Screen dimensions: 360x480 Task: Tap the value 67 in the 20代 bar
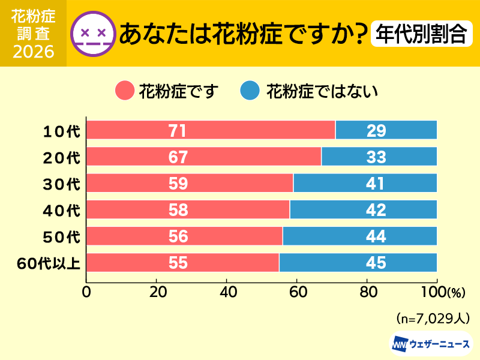[x=178, y=157]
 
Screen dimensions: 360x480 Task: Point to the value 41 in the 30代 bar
[x=376, y=183]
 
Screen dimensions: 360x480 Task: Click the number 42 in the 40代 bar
[x=376, y=209]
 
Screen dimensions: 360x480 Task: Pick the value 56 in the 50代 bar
[x=178, y=236]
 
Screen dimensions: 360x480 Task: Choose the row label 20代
[x=62, y=157]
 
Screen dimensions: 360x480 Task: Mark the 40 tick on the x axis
[x=227, y=293]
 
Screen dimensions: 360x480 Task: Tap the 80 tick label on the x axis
[x=367, y=293]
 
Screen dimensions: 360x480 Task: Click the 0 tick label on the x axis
[x=86, y=293]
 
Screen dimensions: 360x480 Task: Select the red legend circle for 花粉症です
[x=124, y=91]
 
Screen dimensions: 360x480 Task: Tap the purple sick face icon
[x=92, y=33]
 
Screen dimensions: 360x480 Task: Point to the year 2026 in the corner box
[x=33, y=52]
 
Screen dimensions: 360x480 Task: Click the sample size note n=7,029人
[x=433, y=317]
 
